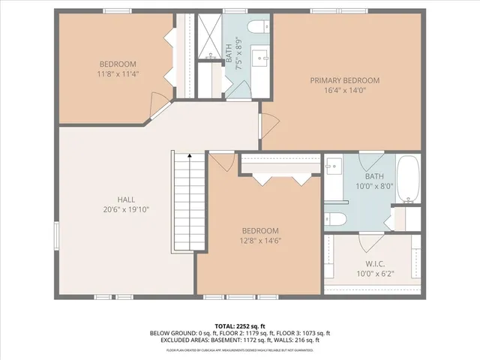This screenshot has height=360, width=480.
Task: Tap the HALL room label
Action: (x=126, y=199)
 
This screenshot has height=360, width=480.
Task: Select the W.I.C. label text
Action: (x=375, y=263)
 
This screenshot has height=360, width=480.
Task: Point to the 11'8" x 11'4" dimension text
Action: (x=118, y=74)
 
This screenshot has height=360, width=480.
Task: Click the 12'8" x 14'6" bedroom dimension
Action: (x=260, y=241)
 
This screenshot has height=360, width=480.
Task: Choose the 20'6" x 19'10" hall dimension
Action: (x=126, y=210)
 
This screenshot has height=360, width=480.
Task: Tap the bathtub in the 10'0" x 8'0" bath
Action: (x=409, y=179)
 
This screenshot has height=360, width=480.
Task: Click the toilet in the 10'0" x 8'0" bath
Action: (x=335, y=219)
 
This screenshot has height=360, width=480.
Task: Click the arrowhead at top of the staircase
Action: (x=190, y=155)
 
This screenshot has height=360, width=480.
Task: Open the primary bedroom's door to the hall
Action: (x=268, y=125)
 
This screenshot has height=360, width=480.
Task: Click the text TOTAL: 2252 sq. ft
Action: (x=239, y=326)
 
